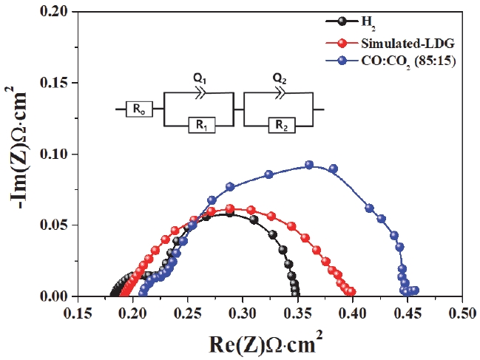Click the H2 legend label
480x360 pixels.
(368, 23)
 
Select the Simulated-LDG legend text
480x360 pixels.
(408, 44)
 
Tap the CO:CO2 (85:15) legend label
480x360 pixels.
(408, 62)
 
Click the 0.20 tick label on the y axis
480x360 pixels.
(54, 12)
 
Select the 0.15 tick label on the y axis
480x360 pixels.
(54, 83)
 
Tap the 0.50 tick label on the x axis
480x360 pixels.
(462, 314)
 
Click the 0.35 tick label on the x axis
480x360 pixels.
(297, 314)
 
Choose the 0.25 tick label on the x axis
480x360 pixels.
(187, 314)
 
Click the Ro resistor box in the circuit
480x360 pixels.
(139, 109)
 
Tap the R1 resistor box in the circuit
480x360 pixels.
(202, 125)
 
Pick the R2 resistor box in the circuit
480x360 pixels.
(282, 125)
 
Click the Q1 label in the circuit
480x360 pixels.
(200, 79)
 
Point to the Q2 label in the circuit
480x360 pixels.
(280, 79)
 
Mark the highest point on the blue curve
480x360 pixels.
(309, 165)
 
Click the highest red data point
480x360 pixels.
(230, 208)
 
